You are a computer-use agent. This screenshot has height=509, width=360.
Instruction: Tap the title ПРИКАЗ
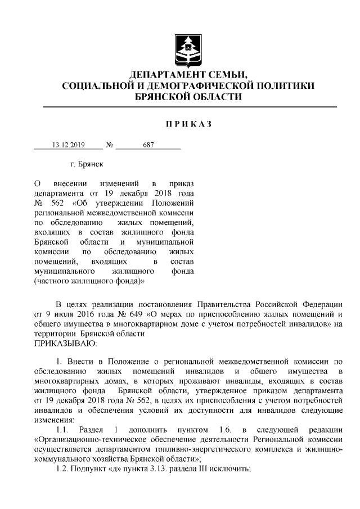pos(188,124)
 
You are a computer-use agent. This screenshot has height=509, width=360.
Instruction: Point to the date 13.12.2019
pos(68,145)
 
